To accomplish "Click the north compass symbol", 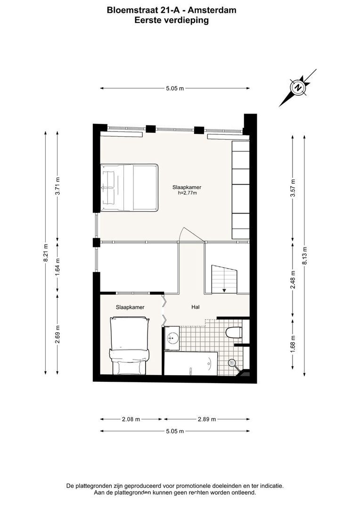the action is (x=298, y=87).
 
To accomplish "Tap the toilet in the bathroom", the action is (x=234, y=332).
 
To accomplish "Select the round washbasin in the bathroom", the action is (x=172, y=338).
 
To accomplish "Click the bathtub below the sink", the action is (x=191, y=363).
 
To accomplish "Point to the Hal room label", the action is (x=196, y=307).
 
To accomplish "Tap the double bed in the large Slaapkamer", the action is (x=129, y=188).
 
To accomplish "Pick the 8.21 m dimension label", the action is (x=45, y=253).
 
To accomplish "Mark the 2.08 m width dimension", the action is (x=131, y=419).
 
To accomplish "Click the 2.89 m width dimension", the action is (x=207, y=419).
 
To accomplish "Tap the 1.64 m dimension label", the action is (x=57, y=267).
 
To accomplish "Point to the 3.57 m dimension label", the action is (x=293, y=188).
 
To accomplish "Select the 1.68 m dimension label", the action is (x=293, y=345).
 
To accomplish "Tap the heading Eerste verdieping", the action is (x=172, y=20).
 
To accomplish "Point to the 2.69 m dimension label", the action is (x=57, y=334).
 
